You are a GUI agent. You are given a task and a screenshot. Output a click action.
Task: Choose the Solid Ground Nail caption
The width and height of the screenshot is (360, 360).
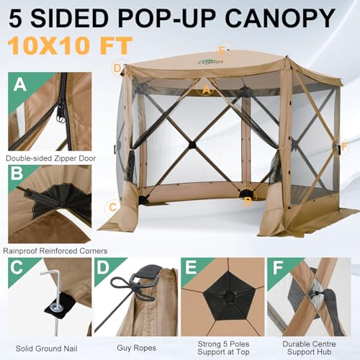(46, 344)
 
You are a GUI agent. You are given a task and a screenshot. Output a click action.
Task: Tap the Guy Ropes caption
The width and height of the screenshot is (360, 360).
(136, 344)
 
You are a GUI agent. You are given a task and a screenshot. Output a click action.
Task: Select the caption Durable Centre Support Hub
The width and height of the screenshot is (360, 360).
(312, 348)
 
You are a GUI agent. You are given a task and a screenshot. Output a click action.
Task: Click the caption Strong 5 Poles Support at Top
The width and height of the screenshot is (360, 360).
(224, 348)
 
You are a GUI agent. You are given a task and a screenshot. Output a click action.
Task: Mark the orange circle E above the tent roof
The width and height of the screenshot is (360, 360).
(222, 50)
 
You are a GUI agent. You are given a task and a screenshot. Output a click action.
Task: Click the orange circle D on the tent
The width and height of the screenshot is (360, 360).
(117, 68)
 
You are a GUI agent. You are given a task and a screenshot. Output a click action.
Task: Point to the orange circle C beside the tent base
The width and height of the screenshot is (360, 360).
(111, 207)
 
